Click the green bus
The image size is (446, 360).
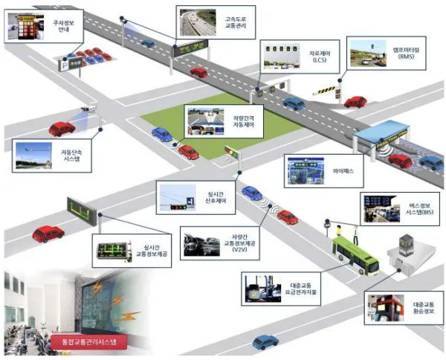click(x=355, y=254)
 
